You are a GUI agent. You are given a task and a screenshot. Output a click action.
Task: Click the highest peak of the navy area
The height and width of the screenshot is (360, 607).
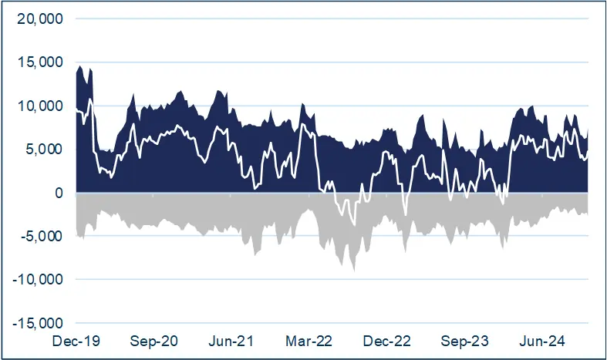pos(80,66)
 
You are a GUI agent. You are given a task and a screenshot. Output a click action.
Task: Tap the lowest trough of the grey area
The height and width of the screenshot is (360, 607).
pos(354,271)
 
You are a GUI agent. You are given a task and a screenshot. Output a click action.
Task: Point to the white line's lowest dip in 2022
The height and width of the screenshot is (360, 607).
pos(354,225)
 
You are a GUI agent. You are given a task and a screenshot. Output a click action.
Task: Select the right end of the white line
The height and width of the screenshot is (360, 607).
pos(588,152)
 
